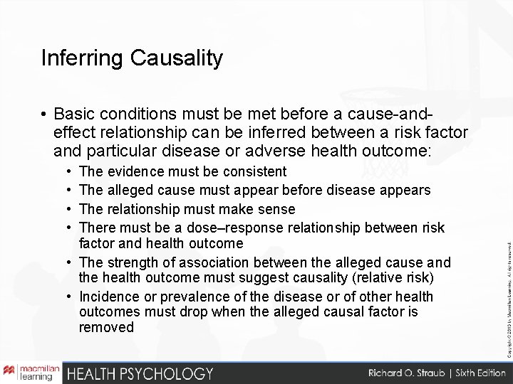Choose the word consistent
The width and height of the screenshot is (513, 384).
(x=256, y=171)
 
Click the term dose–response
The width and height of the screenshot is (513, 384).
(x=201, y=227)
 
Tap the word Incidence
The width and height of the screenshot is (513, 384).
(x=108, y=295)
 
